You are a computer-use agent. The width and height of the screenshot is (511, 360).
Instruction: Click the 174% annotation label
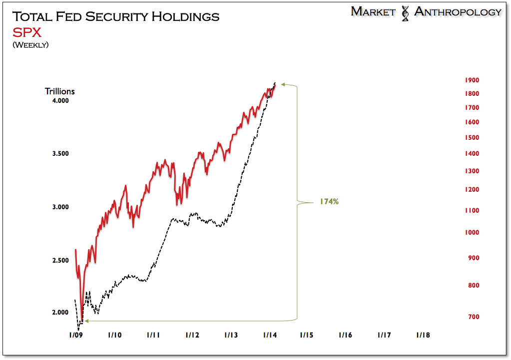coord(329,202)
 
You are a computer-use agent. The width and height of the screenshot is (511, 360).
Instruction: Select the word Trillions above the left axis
coord(60,91)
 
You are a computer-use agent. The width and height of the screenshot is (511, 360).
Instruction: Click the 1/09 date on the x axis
coord(75,335)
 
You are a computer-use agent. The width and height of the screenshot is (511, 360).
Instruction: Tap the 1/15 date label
coord(307,335)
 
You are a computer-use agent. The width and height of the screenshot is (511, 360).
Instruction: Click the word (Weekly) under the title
coord(30,45)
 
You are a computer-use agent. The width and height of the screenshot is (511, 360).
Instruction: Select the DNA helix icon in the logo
coord(405,12)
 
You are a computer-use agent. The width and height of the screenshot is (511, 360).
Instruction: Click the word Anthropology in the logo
coord(458,12)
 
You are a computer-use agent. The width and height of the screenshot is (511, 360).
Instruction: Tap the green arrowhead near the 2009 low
coord(85,321)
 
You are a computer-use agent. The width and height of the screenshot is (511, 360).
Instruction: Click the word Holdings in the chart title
coord(186,16)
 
